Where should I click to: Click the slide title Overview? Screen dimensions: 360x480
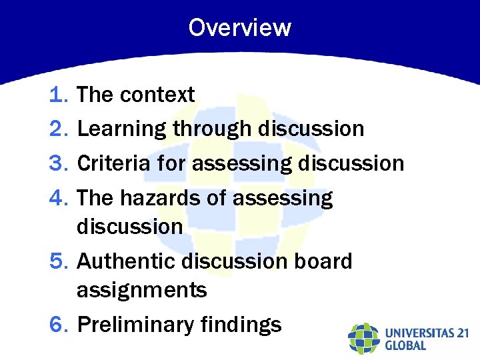(x=239, y=28)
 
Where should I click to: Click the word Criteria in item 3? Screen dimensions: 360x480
(x=115, y=163)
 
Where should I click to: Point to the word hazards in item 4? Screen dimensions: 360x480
(x=161, y=198)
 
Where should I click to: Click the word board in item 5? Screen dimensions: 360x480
(x=323, y=261)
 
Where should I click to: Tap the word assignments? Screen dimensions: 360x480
(x=141, y=291)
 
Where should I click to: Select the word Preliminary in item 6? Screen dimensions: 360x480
(x=135, y=325)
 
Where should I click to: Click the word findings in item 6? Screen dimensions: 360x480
(x=241, y=325)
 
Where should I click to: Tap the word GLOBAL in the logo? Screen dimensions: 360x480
(x=405, y=345)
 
